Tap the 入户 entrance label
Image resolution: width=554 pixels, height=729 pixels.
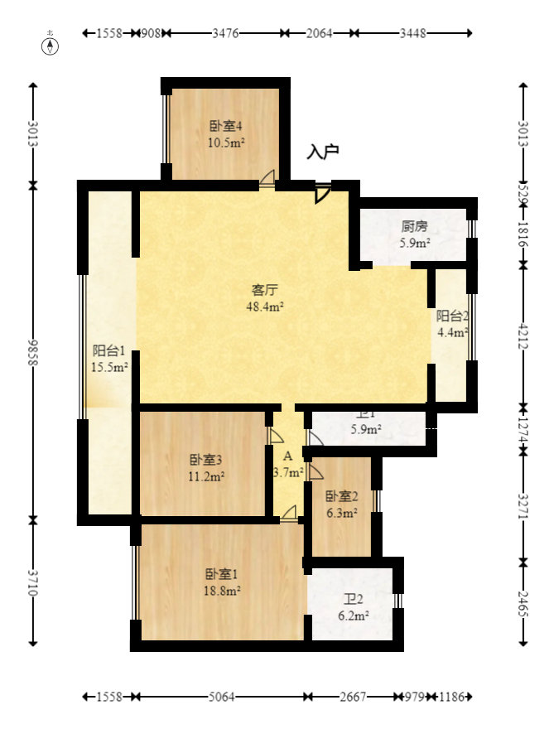click(x=323, y=152)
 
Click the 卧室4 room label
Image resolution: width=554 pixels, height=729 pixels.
click(x=225, y=127)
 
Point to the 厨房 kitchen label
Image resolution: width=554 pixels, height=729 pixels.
click(x=414, y=226)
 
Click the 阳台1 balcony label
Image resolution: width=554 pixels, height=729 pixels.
click(x=108, y=350)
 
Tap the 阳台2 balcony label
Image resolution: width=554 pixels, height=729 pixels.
click(x=453, y=316)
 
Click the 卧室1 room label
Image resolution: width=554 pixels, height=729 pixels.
click(x=222, y=574)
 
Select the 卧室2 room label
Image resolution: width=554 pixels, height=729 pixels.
click(x=341, y=496)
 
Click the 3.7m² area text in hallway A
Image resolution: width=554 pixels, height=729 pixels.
click(x=288, y=472)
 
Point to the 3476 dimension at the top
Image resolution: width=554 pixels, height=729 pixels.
click(x=225, y=33)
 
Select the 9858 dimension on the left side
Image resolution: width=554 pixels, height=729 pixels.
click(x=33, y=352)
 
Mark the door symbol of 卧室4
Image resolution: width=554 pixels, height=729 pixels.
click(x=267, y=177)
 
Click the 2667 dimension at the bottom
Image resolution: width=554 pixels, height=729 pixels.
click(x=354, y=697)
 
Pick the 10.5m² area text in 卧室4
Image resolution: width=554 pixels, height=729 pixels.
click(x=225, y=142)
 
